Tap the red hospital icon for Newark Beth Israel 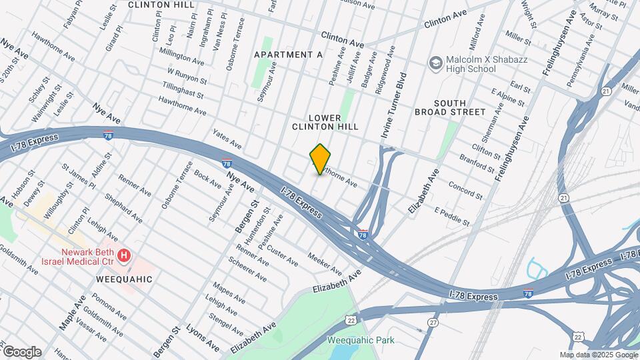point(123,255)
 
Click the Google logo point(21,352)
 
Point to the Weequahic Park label point(361,340)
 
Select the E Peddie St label point(452,216)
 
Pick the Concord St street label point(465,190)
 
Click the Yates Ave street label point(227,138)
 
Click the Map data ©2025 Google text point(599,355)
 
